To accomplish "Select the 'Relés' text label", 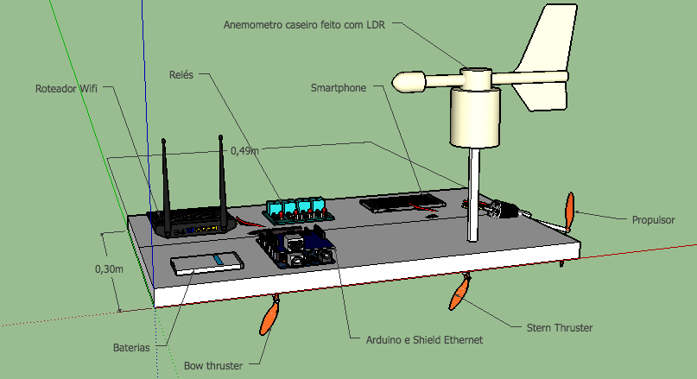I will click(182, 76).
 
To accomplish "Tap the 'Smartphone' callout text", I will click(339, 88).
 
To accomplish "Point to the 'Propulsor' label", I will click(652, 220).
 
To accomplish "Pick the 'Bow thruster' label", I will click(213, 365).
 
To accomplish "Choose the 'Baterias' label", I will click(131, 347).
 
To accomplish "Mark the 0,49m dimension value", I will click(244, 151).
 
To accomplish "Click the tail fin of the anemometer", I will click(543, 60).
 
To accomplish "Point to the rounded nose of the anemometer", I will click(406, 83).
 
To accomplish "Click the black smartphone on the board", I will click(402, 203).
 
